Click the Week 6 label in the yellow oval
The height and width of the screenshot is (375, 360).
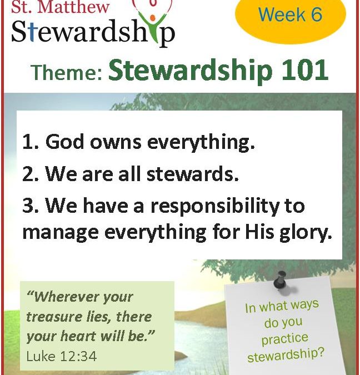(x=290, y=14)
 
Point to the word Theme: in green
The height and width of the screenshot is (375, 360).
(x=67, y=72)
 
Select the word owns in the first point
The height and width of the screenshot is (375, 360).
(x=116, y=143)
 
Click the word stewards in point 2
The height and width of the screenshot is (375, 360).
(x=192, y=174)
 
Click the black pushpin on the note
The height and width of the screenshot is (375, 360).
(x=280, y=279)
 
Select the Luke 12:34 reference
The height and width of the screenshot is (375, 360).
(x=62, y=356)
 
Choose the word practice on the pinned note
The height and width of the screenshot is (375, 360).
(x=284, y=339)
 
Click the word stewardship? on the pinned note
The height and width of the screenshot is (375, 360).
(x=286, y=354)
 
